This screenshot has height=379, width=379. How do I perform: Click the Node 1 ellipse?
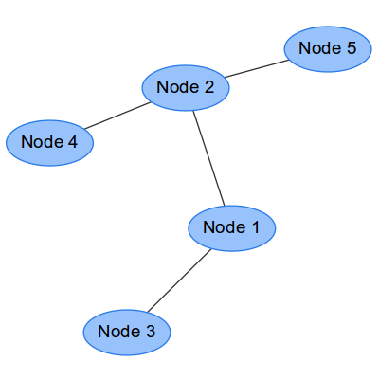pyautogui.click(x=232, y=228)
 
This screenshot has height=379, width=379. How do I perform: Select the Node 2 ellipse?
pyautogui.click(x=186, y=88)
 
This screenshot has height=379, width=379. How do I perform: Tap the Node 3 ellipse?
pyautogui.click(x=127, y=333)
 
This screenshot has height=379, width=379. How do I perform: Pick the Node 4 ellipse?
pyautogui.click(x=49, y=143)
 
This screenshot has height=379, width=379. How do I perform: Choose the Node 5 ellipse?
pyautogui.click(x=328, y=49)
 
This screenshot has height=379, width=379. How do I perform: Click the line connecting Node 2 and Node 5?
pyautogui.click(x=257, y=68)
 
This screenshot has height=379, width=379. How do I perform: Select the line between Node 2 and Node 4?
pyautogui.click(x=117, y=116)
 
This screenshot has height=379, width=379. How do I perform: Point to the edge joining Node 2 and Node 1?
pyautogui.click(x=208, y=158)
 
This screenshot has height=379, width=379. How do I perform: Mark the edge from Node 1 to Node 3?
pyautogui.click(x=179, y=280)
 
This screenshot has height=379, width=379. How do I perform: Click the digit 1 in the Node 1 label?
pyautogui.click(x=255, y=227)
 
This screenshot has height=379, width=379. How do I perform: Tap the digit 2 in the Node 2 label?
pyautogui.click(x=208, y=86)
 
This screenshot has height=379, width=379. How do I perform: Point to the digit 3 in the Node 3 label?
pyautogui.click(x=151, y=331)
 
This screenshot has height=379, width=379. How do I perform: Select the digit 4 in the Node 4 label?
pyautogui.click(x=73, y=141)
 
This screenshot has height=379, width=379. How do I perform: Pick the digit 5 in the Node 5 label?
pyautogui.click(x=352, y=47)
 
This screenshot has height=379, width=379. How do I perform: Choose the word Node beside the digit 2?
pyautogui.click(x=177, y=86)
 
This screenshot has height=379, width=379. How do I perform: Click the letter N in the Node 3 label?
pyautogui.click(x=103, y=331)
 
